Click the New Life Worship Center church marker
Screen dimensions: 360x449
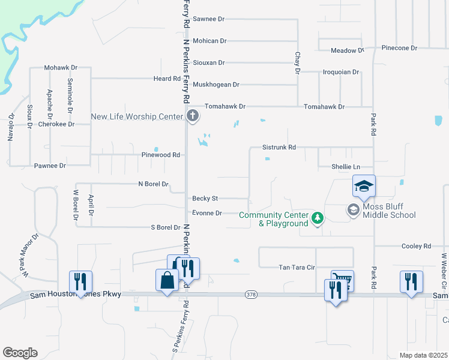tap(192, 116)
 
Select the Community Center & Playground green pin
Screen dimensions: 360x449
tap(318, 219)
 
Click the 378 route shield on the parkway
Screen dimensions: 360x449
tap(251, 295)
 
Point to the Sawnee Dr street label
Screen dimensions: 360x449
tap(208, 19)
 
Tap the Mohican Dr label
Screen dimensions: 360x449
tap(209, 41)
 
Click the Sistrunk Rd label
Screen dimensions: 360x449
tap(279, 147)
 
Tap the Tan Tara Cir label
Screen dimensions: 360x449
tap(297, 268)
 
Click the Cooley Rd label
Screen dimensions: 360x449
tap(417, 246)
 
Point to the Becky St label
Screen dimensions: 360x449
tap(205, 198)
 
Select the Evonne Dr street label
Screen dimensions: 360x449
tap(207, 213)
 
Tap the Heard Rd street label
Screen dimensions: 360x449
tap(167, 79)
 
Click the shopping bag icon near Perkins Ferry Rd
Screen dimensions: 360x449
tap(167, 280)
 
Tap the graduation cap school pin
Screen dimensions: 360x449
tap(364, 187)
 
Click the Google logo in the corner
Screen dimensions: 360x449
tap(20, 353)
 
